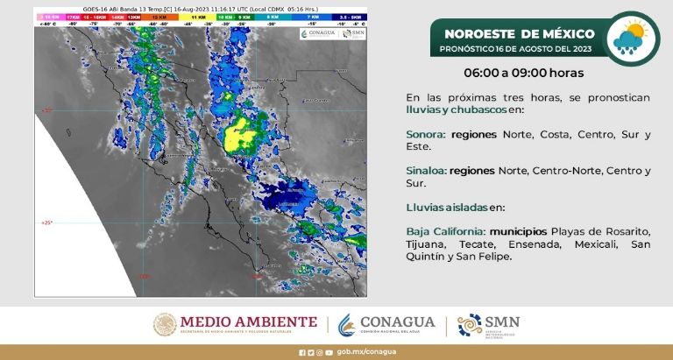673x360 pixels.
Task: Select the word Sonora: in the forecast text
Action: [x=425, y=135]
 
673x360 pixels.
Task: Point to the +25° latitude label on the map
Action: [x=46, y=223]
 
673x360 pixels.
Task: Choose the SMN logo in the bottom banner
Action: [x=488, y=324]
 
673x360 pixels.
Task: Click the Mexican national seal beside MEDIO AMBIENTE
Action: [x=165, y=324]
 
